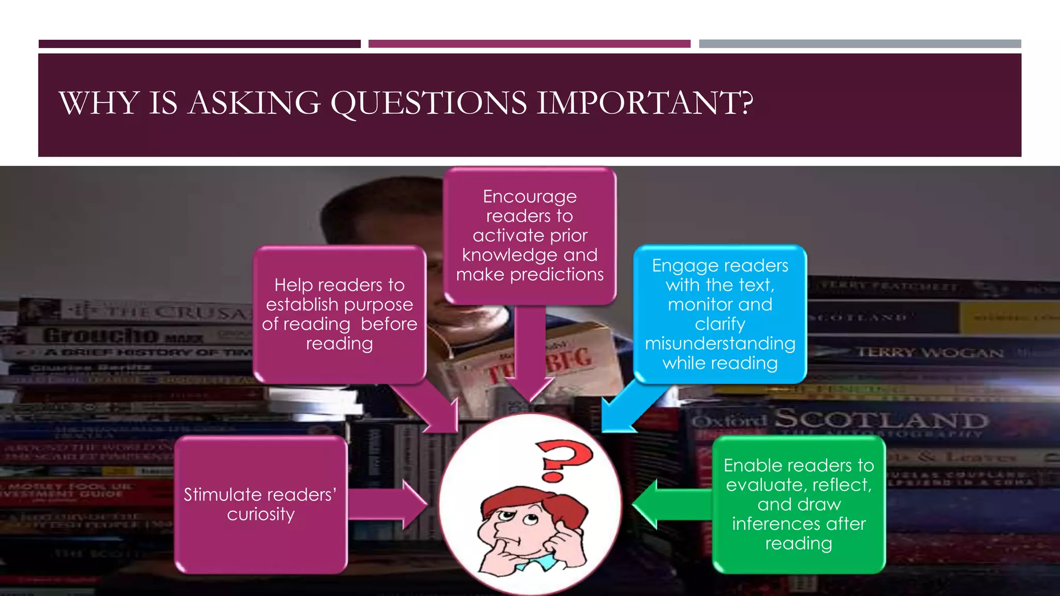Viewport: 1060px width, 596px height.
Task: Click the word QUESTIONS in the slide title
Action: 429,103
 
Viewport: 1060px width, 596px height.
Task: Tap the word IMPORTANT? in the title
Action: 644,103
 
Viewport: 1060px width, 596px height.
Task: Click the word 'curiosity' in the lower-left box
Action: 261,514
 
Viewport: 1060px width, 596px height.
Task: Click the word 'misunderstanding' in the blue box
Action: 720,344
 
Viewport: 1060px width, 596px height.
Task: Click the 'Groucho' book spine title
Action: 101,335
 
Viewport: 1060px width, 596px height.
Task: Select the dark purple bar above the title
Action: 199,44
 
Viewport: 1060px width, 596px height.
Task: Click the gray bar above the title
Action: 860,44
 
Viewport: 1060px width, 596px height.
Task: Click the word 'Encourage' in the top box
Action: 529,197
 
